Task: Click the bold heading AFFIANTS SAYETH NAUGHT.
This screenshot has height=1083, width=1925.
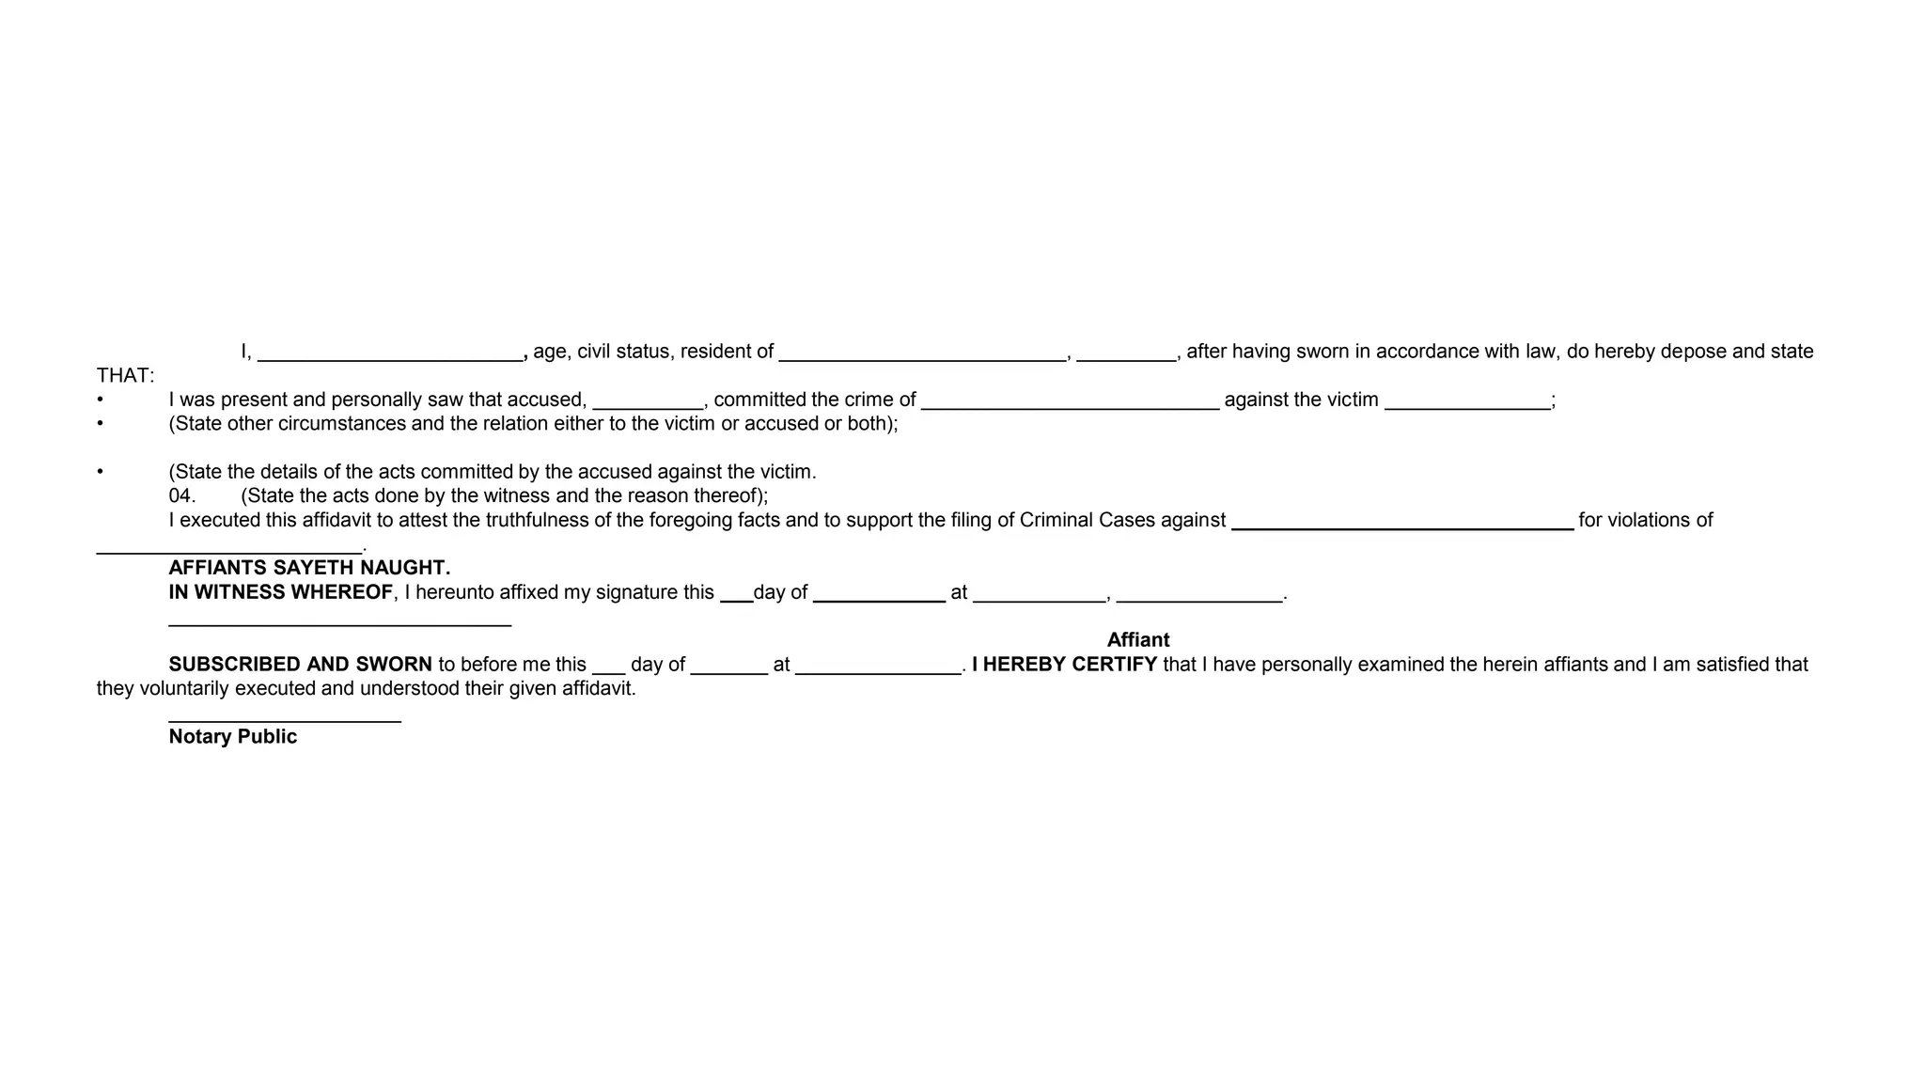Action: (309, 568)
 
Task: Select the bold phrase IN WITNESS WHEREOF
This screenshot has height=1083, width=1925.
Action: (280, 592)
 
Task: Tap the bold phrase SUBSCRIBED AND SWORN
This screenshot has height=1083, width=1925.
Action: (300, 665)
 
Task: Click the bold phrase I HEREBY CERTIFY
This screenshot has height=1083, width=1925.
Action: (1064, 665)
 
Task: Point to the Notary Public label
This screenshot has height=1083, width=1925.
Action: (232, 737)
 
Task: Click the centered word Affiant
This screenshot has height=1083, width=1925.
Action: (1137, 640)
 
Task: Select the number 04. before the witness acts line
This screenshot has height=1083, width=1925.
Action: (182, 495)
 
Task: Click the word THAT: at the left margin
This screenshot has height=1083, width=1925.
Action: (125, 376)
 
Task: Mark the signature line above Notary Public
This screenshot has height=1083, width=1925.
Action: (285, 721)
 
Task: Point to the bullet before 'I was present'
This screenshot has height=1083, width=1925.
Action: (101, 400)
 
